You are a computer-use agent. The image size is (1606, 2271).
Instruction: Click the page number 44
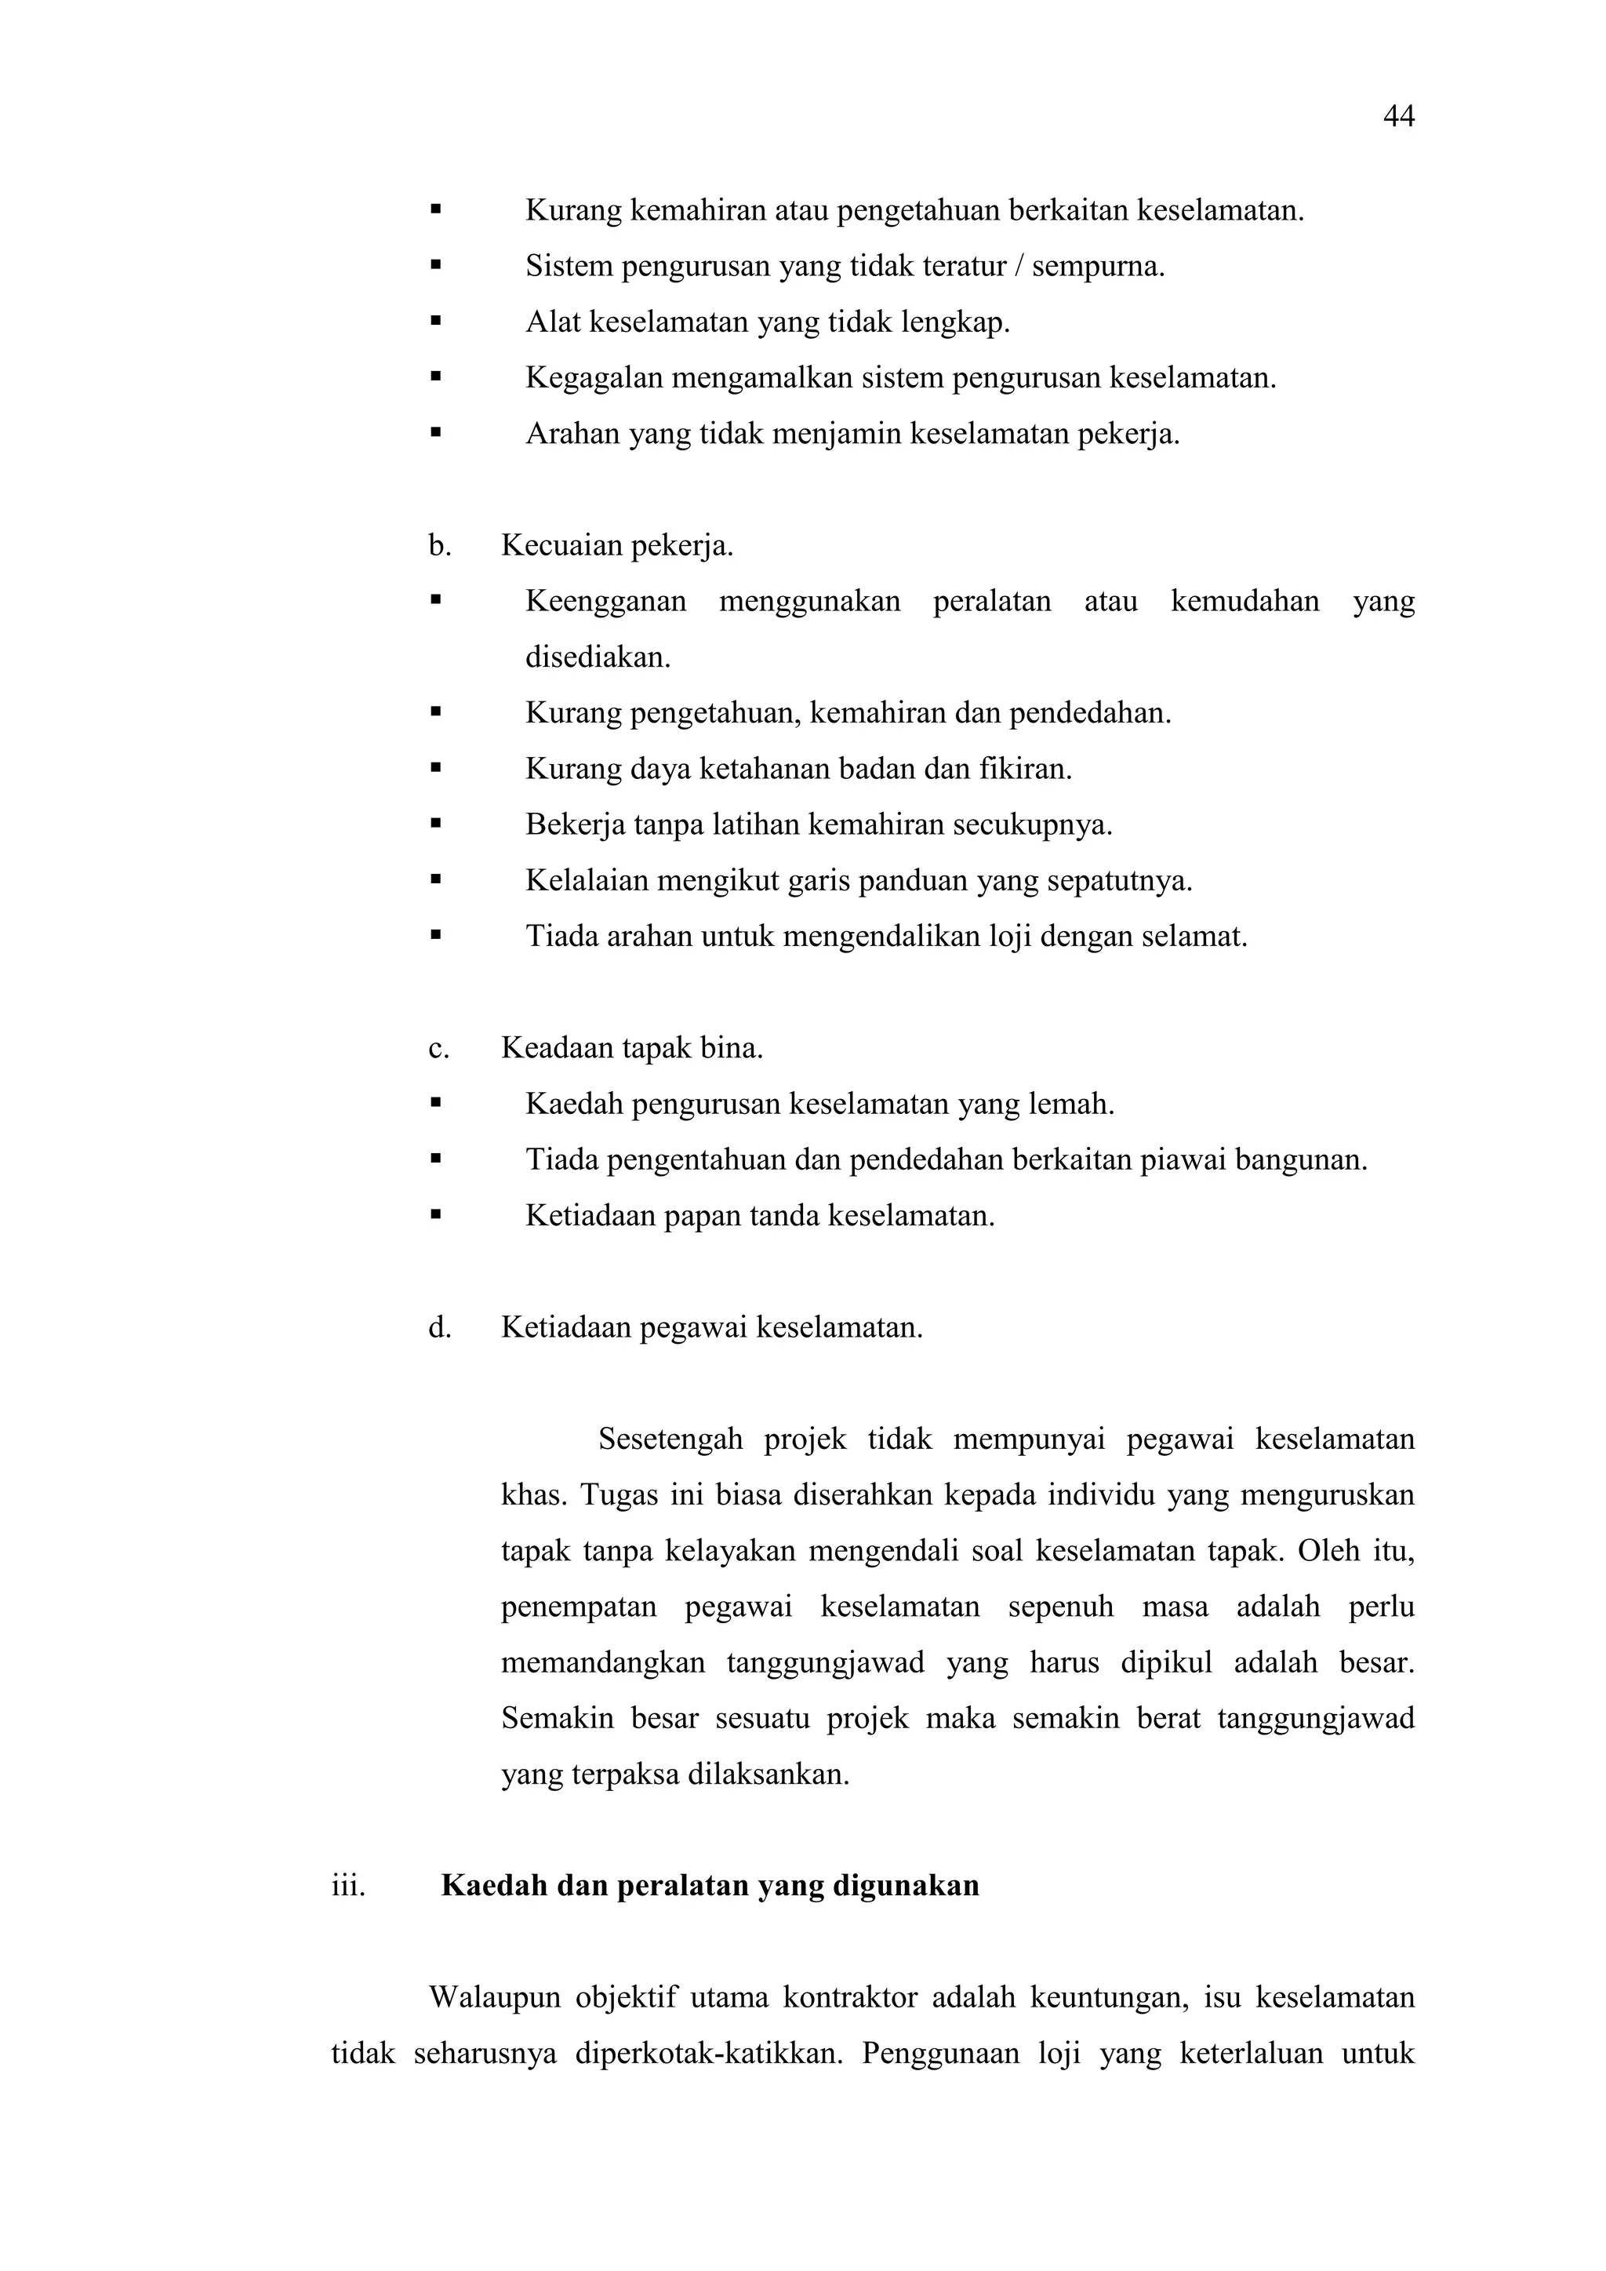click(1398, 117)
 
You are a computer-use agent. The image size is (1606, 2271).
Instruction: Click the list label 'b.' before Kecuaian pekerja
click(439, 545)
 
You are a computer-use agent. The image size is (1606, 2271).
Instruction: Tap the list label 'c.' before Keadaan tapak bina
click(438, 1047)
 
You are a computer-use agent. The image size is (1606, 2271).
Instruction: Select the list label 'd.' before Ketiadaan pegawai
click(439, 1327)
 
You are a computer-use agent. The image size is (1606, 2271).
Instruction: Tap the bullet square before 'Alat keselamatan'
click(435, 322)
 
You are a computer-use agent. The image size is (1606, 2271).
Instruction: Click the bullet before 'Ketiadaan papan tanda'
click(435, 1214)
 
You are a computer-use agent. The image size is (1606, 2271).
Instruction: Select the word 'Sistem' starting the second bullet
click(569, 266)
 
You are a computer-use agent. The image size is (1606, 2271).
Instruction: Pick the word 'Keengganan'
click(605, 602)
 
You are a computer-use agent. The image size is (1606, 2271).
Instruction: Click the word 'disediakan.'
click(598, 657)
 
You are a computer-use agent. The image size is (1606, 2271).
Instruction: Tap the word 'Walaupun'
click(495, 1997)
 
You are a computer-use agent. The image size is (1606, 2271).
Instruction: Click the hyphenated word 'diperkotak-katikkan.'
click(708, 2054)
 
